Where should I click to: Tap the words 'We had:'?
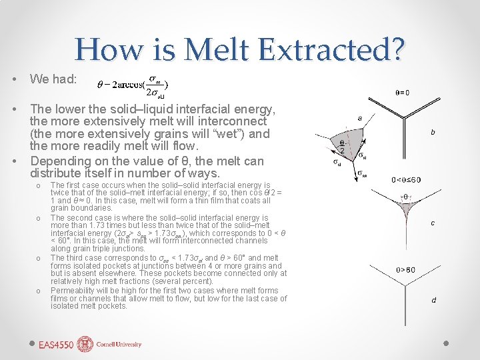(53, 79)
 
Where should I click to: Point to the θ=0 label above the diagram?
(403, 93)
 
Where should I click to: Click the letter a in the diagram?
(360, 118)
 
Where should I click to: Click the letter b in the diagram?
(433, 132)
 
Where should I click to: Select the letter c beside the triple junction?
(433, 223)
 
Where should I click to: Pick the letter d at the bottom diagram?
(433, 300)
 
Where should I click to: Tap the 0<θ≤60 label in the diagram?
(407, 180)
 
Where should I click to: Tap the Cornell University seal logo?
(85, 344)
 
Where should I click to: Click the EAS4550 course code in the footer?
(55, 345)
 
